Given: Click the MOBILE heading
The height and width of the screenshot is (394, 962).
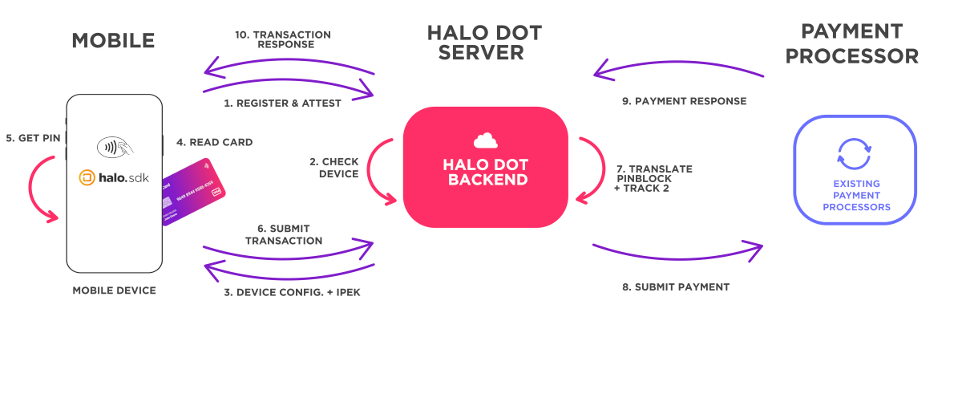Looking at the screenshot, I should click(113, 41).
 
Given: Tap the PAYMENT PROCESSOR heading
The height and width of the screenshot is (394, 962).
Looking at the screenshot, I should click(852, 44).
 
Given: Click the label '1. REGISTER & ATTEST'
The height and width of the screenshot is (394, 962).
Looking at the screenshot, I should click(283, 103).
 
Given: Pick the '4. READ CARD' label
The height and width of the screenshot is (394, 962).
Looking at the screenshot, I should click(214, 142).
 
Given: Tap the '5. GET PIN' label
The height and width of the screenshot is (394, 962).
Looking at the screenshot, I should click(33, 138).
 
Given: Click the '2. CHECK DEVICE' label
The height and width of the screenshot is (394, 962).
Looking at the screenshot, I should click(334, 168).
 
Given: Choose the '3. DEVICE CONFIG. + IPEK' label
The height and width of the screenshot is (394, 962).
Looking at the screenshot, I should click(292, 292).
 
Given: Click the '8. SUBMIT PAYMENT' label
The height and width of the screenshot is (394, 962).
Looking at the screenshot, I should click(676, 286).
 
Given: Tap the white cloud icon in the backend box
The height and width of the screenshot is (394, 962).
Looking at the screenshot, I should click(486, 140).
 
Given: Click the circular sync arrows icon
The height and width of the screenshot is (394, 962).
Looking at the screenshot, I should click(855, 155).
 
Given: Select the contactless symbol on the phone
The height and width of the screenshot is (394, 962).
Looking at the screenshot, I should click(114, 148).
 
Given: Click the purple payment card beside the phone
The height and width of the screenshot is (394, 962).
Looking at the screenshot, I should click(193, 191).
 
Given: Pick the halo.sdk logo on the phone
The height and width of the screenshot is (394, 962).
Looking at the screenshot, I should click(115, 178).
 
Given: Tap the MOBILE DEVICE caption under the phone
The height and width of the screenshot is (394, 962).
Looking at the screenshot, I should click(114, 290).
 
